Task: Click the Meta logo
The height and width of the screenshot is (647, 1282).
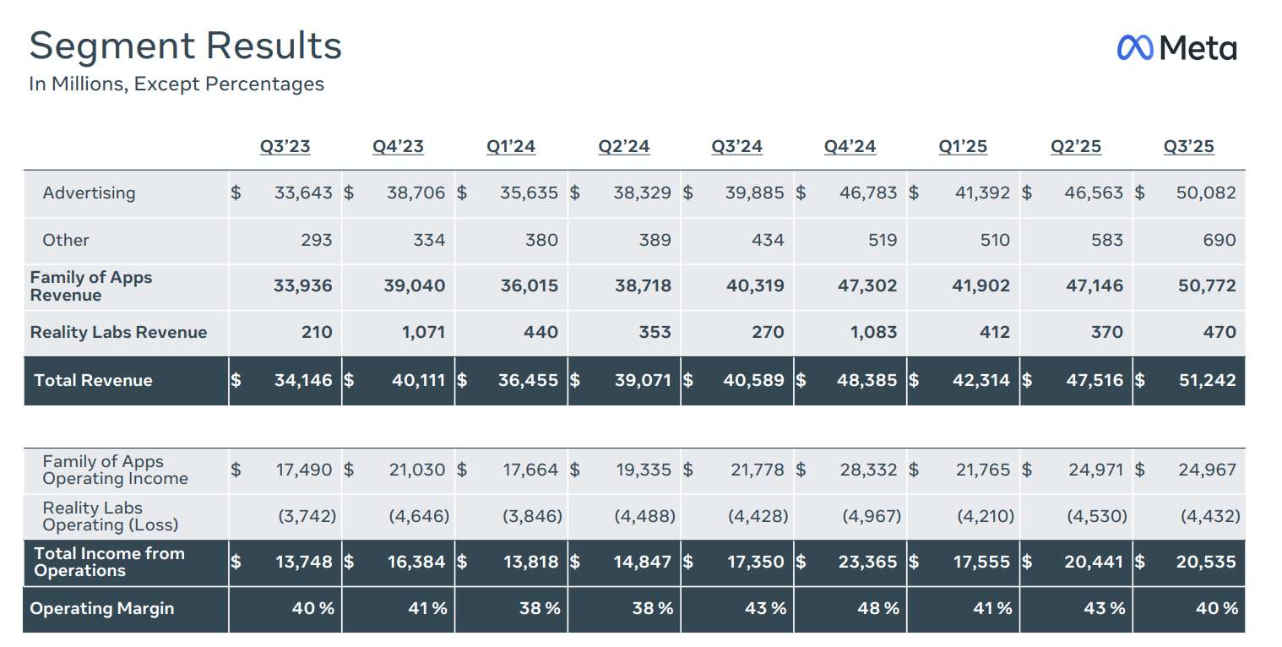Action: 1176,48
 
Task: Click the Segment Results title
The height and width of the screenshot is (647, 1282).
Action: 185,46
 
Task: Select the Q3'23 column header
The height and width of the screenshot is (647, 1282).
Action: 285,146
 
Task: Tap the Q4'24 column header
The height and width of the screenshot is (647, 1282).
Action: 850,146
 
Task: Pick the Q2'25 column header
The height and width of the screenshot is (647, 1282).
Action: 1075,146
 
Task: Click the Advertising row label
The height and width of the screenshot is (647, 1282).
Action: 89,193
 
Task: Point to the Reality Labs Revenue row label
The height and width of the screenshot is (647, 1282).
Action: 118,332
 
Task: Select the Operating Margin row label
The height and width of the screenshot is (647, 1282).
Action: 101,608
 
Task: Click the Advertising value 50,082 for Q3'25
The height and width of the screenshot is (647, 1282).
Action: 1205,193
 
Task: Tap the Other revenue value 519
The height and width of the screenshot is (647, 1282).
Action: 882,240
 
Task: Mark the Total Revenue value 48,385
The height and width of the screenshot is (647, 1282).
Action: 866,380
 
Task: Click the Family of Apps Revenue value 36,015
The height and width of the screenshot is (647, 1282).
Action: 529,285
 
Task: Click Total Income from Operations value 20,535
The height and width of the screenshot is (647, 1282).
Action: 1205,562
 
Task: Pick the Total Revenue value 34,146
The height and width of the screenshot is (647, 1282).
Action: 303,380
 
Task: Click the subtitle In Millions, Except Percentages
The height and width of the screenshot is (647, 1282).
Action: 177,84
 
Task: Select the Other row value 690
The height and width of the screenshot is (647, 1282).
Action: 1219,240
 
